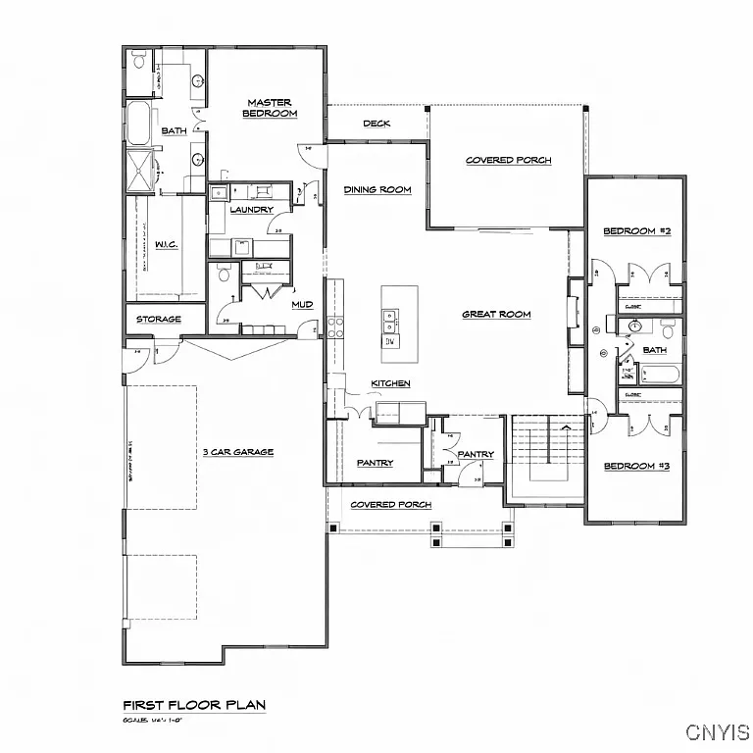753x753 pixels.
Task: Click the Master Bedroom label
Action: [x=270, y=108]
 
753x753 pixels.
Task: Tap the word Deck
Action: [x=377, y=124]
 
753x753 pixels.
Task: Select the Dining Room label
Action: [x=377, y=189]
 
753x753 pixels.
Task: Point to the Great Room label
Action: [x=497, y=315]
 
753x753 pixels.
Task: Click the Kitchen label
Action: [x=390, y=383]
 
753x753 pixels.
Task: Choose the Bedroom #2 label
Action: [x=636, y=231]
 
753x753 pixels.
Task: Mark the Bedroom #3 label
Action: [x=636, y=467]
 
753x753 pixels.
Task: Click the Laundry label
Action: [x=251, y=210]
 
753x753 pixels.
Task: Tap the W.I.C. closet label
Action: [x=167, y=244]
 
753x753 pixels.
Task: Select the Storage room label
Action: [x=159, y=320]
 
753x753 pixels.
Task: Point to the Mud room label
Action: [x=302, y=305]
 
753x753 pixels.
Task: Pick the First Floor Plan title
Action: [x=194, y=705]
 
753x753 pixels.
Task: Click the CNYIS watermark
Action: [x=718, y=732]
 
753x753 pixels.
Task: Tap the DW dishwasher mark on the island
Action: [x=390, y=341]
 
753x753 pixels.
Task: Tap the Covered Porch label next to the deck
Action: [x=508, y=160]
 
